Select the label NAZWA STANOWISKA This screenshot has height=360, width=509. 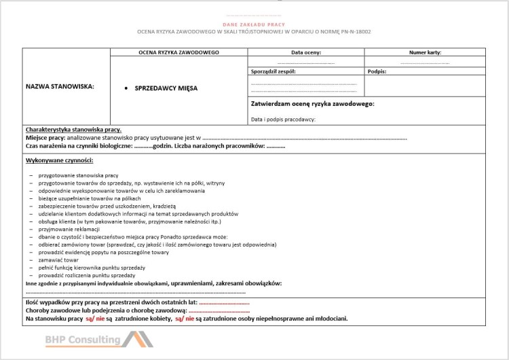click(60, 86)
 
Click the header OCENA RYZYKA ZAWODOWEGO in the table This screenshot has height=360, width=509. click(178, 52)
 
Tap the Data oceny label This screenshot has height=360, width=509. click(306, 52)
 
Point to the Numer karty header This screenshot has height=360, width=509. click(425, 52)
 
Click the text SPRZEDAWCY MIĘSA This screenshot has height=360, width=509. click(166, 88)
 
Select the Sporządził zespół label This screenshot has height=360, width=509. click(274, 71)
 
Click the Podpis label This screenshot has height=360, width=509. click(377, 71)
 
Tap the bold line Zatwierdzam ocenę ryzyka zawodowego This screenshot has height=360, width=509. click(313, 104)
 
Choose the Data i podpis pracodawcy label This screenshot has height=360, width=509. click(283, 120)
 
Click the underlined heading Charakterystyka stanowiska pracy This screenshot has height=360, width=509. click(73, 129)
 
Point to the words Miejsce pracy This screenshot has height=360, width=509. click(46, 137)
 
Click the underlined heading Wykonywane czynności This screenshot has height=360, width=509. click(59, 160)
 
